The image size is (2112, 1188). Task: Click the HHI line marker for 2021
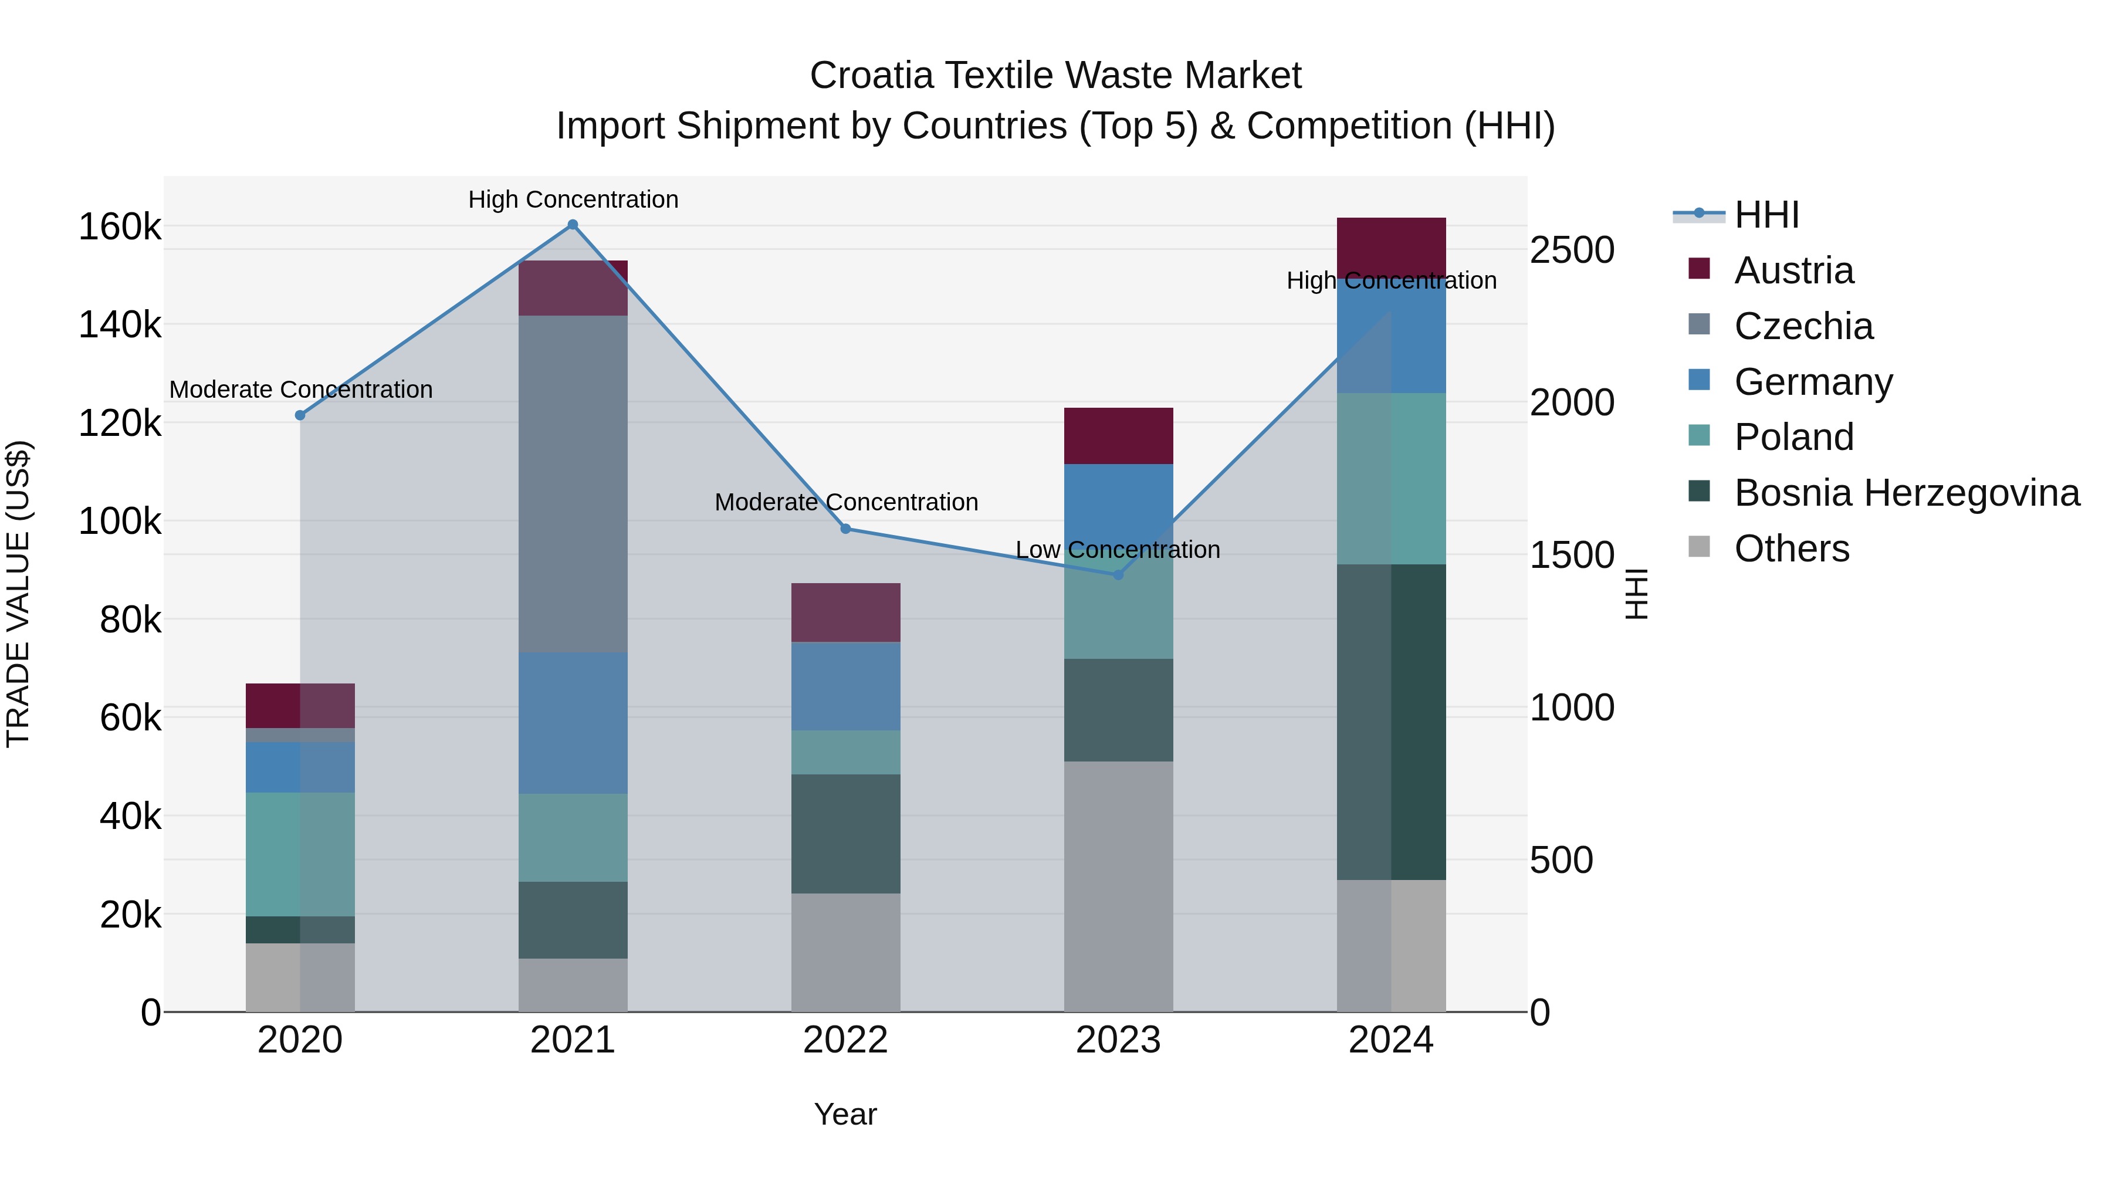click(x=573, y=225)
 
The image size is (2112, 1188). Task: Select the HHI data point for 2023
click(x=1118, y=575)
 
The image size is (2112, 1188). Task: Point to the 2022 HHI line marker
click(x=846, y=529)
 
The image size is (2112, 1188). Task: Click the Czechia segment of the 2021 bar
click(x=573, y=484)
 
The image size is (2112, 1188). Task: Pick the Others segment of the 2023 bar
click(x=1118, y=885)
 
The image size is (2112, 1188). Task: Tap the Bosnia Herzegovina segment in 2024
click(x=1392, y=722)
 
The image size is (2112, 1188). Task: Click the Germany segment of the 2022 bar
click(x=845, y=686)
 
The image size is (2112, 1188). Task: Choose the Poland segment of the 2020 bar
click(x=300, y=854)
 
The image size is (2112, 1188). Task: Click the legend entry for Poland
click(x=1793, y=437)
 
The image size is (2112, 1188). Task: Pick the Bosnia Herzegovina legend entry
click(x=1906, y=493)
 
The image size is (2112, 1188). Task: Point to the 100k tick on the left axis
click(x=120, y=522)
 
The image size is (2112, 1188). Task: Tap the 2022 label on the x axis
click(x=845, y=1040)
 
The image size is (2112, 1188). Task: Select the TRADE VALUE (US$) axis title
click(x=18, y=594)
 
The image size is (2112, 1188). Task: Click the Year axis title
click(x=845, y=1114)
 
